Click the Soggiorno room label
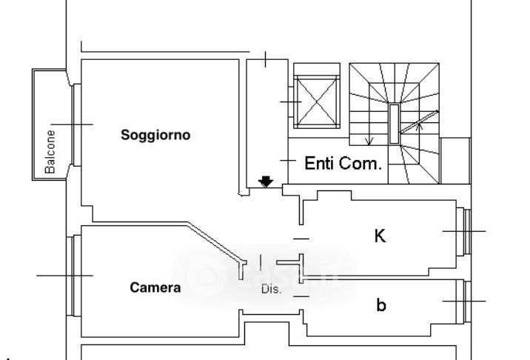coord(155,136)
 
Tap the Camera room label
coord(155,288)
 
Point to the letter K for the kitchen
coord(380,236)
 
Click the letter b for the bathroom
coord(380,304)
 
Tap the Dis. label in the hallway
coord(272,290)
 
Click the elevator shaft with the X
coord(316,101)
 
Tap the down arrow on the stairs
coord(370,140)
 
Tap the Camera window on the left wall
coord(73,276)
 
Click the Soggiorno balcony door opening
coord(75,124)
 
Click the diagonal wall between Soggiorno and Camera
coord(216,240)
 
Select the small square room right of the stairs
coord(455,160)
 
